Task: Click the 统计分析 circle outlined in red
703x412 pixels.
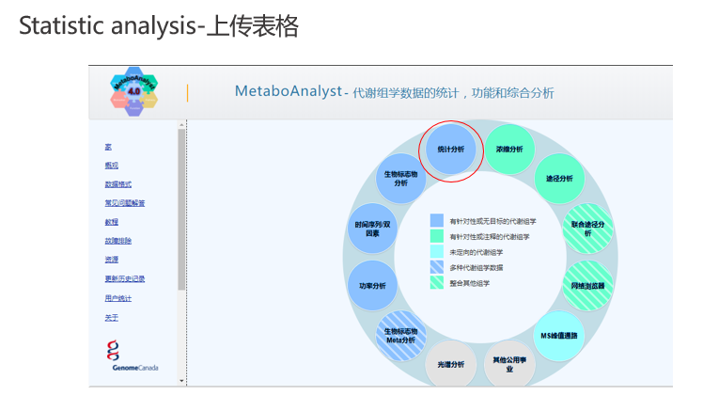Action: click(450, 150)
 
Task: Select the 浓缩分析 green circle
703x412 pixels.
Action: click(508, 150)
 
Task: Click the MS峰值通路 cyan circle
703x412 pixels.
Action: click(560, 334)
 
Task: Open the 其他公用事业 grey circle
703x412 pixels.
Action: click(509, 364)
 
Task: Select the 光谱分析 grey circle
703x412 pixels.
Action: click(450, 364)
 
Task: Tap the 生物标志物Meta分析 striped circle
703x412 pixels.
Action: click(400, 335)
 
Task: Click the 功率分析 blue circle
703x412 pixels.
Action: click(372, 285)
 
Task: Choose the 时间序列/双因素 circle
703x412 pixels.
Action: click(372, 228)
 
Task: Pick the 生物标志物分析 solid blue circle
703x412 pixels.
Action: click(400, 178)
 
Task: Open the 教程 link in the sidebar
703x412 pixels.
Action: click(112, 222)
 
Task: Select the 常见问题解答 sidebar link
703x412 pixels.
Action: click(125, 203)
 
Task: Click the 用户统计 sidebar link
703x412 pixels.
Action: click(118, 298)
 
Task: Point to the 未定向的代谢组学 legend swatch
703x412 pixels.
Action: click(437, 251)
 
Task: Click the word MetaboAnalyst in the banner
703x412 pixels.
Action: click(288, 91)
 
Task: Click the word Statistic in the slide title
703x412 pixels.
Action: click(57, 26)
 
